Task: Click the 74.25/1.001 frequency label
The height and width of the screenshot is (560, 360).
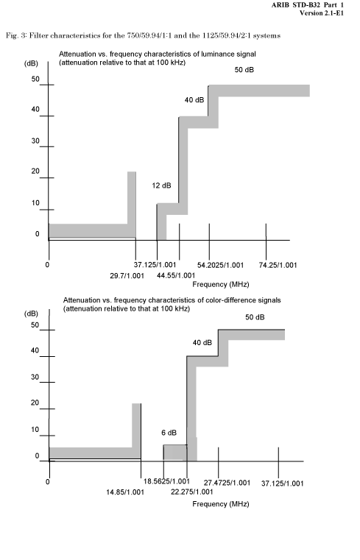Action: click(278, 265)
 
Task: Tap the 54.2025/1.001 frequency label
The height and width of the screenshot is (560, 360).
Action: click(220, 265)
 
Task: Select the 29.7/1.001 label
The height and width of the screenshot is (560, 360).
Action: click(127, 276)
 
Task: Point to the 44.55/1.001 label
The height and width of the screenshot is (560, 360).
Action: click(176, 275)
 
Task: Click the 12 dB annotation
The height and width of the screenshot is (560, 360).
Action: click(161, 185)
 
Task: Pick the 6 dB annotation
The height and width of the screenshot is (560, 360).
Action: click(169, 433)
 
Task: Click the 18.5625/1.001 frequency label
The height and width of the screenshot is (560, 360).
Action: click(166, 481)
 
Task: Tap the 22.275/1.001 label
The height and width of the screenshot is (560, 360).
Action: click(192, 492)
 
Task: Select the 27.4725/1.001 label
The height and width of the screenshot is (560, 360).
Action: click(227, 483)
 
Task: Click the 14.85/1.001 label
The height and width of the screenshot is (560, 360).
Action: click(125, 492)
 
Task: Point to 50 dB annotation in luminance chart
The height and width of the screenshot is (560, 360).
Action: click(244, 70)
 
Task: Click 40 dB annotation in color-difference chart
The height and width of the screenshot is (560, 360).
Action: click(202, 343)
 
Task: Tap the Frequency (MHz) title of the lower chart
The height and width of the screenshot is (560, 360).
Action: click(221, 504)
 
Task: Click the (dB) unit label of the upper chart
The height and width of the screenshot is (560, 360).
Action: click(31, 63)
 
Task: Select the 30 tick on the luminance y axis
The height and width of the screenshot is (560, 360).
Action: click(35, 141)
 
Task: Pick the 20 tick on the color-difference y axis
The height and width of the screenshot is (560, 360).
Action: click(35, 403)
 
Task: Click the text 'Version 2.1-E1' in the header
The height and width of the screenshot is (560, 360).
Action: click(322, 13)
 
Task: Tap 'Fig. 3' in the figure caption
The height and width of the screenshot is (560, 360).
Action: click(15, 36)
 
